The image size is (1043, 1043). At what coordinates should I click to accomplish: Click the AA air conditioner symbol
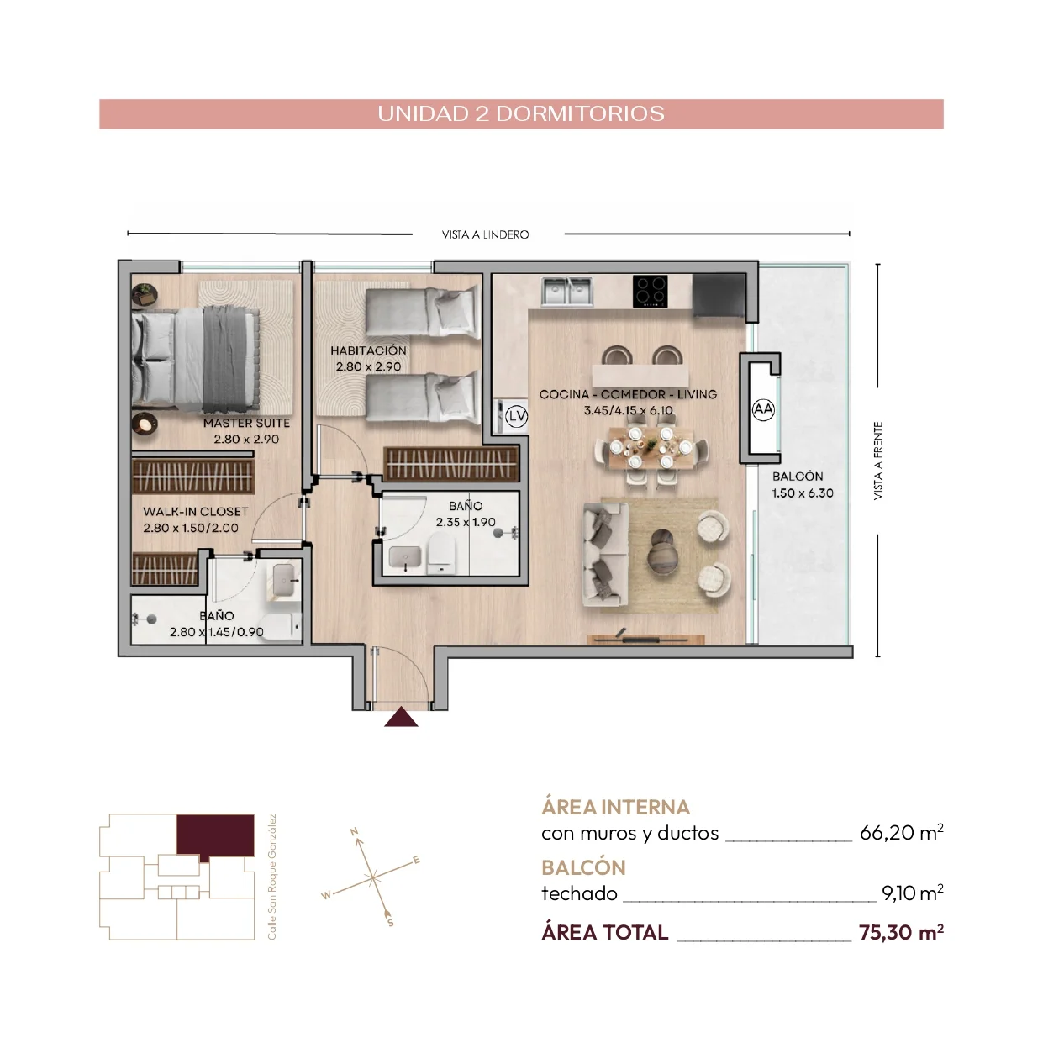[x=763, y=409]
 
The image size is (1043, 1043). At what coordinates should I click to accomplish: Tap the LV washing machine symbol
[x=516, y=416]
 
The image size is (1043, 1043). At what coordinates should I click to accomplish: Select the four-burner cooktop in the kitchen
[x=650, y=291]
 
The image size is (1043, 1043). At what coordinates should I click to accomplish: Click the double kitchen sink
[x=567, y=292]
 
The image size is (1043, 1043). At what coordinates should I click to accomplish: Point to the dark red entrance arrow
[x=401, y=717]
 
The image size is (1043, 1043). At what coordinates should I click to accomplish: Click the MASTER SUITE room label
[x=246, y=424]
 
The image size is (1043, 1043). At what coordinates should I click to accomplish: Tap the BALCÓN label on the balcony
[x=798, y=477]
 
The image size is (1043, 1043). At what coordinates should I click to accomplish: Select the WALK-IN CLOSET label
[x=195, y=512]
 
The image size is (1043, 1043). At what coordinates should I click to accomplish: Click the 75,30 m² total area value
[x=901, y=933]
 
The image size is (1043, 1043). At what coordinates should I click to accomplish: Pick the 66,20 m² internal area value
[x=901, y=832]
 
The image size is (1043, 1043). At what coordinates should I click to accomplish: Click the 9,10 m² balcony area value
[x=913, y=893]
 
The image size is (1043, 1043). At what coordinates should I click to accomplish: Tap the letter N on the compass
[x=354, y=831]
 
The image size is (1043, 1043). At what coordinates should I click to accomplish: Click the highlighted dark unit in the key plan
[x=215, y=835]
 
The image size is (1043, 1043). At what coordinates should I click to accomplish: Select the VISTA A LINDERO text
[x=485, y=234]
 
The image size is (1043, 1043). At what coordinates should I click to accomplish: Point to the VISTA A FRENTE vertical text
[x=878, y=461]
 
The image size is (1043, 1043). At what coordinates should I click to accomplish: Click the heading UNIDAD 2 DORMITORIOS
[x=521, y=113]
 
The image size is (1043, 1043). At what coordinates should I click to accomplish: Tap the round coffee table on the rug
[x=662, y=551]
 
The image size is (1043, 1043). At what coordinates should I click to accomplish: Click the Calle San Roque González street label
[x=271, y=877]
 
